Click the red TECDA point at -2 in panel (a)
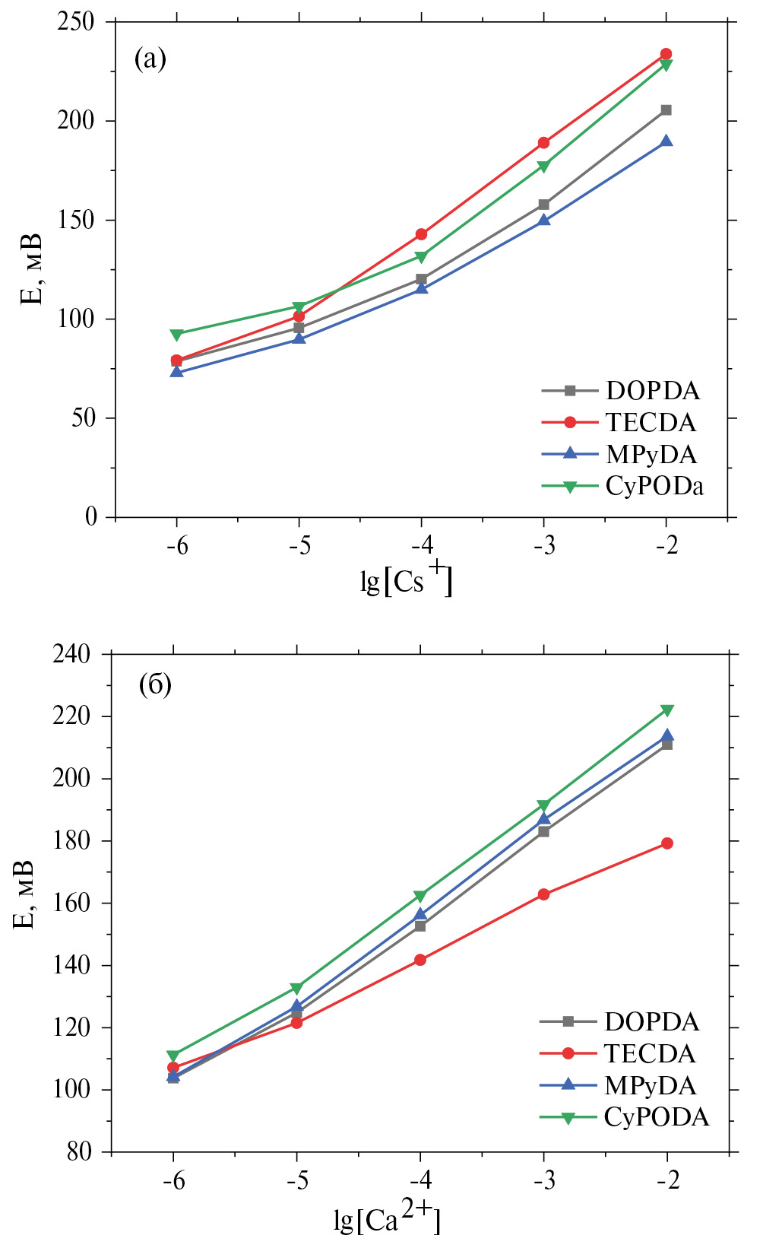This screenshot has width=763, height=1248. point(666,54)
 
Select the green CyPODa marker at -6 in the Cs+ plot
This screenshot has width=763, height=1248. point(176,335)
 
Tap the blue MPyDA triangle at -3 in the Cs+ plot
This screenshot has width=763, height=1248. point(544,221)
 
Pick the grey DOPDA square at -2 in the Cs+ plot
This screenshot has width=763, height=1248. point(666,110)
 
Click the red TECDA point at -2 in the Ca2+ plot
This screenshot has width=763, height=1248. point(667,843)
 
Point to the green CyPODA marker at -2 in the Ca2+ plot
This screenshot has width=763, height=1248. point(667,710)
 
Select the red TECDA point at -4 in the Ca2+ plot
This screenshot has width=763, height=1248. point(420,960)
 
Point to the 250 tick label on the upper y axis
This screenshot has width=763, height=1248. point(76,21)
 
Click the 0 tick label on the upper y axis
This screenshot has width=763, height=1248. point(91,517)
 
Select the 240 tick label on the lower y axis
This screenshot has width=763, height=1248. point(71,653)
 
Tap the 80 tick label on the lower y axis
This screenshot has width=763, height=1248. point(79,1152)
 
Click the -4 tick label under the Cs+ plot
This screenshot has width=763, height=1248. point(422,546)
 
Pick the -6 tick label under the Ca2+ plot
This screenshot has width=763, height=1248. point(173,1180)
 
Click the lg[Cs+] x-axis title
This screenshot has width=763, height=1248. point(406,580)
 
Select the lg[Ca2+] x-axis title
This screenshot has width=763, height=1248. point(387,1216)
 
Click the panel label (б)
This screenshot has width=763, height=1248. point(155,685)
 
